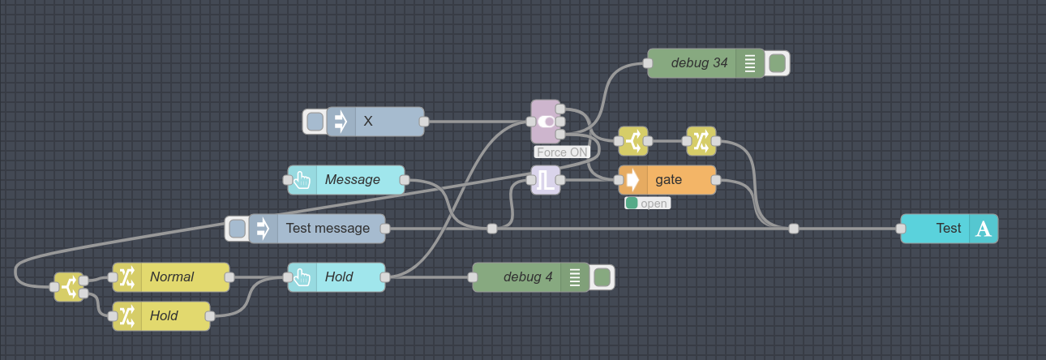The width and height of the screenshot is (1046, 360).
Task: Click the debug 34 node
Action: coord(698,63)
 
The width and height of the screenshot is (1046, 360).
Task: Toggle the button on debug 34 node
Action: coord(777,63)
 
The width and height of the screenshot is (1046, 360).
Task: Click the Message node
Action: coord(352,180)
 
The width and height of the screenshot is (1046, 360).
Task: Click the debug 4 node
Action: coord(527,277)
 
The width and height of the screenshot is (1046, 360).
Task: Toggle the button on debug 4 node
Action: coord(602,277)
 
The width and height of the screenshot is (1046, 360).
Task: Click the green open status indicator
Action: coord(632,204)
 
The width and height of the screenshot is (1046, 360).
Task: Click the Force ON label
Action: coord(561,152)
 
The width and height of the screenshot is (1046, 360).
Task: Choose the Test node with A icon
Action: coord(949,229)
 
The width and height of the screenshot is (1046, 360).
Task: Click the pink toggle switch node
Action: coord(546,122)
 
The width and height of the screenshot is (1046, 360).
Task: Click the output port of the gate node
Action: coord(716,180)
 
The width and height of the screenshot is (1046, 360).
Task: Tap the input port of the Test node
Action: coord(901,229)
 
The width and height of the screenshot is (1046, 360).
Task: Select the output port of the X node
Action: coord(424,122)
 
